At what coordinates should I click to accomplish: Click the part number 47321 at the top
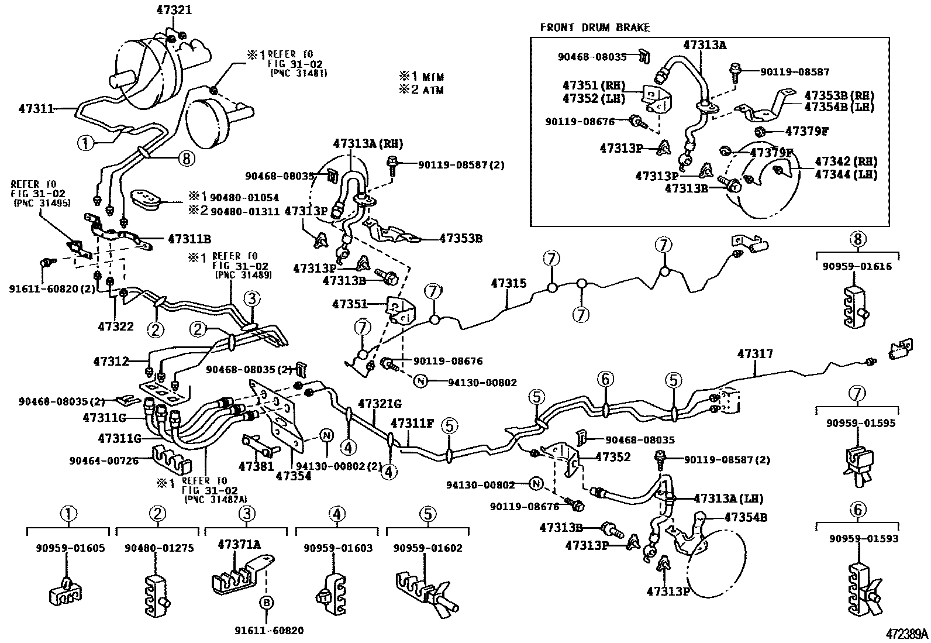174,11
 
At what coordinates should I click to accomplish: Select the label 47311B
189,239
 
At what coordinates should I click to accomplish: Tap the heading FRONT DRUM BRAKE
595,27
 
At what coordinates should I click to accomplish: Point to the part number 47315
509,284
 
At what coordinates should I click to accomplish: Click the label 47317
755,354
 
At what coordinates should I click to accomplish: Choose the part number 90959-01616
857,266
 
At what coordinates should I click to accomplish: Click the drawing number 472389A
906,634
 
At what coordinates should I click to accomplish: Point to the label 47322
116,326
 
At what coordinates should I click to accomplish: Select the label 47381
256,466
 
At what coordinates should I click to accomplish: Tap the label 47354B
746,517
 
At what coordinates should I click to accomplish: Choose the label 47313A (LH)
728,498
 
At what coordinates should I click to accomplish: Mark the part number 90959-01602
427,548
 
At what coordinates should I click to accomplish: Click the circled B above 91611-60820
266,603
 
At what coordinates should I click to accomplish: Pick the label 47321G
380,403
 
